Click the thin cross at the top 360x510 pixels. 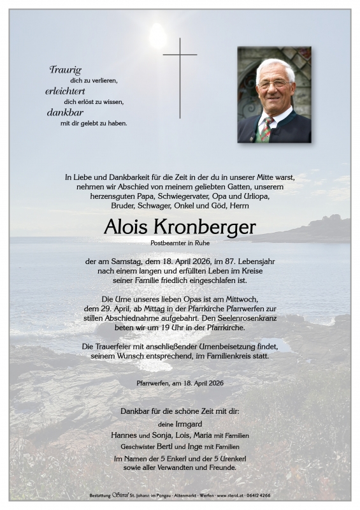click(180, 76)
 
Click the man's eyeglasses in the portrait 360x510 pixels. click(274, 84)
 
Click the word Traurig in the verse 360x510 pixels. click(65, 70)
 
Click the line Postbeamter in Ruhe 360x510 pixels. click(180, 243)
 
